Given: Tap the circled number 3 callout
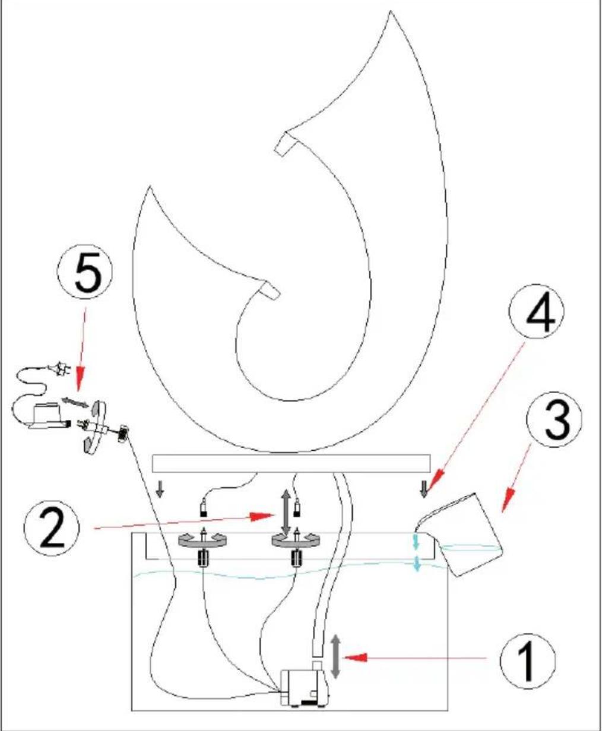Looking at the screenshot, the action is (x=555, y=421).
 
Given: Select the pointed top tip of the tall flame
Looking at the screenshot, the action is (x=391, y=11).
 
